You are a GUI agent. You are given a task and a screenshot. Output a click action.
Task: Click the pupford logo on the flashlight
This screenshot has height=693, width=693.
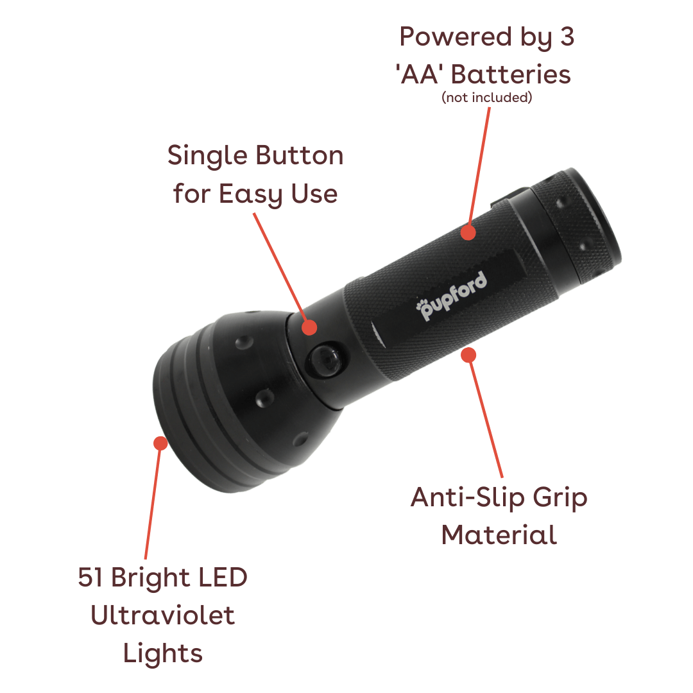451,295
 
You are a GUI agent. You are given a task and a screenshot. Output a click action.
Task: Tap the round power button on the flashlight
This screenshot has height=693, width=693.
325,359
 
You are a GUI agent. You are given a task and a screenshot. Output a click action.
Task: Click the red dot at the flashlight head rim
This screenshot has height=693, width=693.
160,443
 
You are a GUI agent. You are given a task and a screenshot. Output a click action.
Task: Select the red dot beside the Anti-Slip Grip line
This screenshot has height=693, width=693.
468,355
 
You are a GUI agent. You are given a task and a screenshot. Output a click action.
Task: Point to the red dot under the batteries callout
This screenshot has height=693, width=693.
468,232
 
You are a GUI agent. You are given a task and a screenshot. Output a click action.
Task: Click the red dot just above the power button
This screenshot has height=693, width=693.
309,327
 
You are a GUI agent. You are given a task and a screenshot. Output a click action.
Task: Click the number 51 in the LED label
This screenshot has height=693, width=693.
90,577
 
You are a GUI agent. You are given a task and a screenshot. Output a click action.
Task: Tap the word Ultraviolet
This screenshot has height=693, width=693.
162,615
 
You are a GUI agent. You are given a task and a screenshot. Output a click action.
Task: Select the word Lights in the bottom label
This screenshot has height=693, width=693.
162,654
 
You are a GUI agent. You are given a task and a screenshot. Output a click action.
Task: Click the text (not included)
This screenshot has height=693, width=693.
486,98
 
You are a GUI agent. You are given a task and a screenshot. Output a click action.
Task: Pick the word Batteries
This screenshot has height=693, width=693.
511,74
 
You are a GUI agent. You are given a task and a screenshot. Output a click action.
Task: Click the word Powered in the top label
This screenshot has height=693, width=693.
456,37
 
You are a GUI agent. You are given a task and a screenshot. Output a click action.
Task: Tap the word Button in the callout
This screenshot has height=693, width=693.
299,155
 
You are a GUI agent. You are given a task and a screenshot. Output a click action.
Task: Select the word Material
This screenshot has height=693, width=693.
499,535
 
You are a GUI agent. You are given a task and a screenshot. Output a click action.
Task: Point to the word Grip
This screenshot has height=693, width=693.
560,499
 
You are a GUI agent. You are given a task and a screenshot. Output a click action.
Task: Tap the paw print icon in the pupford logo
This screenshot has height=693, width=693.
422,305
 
